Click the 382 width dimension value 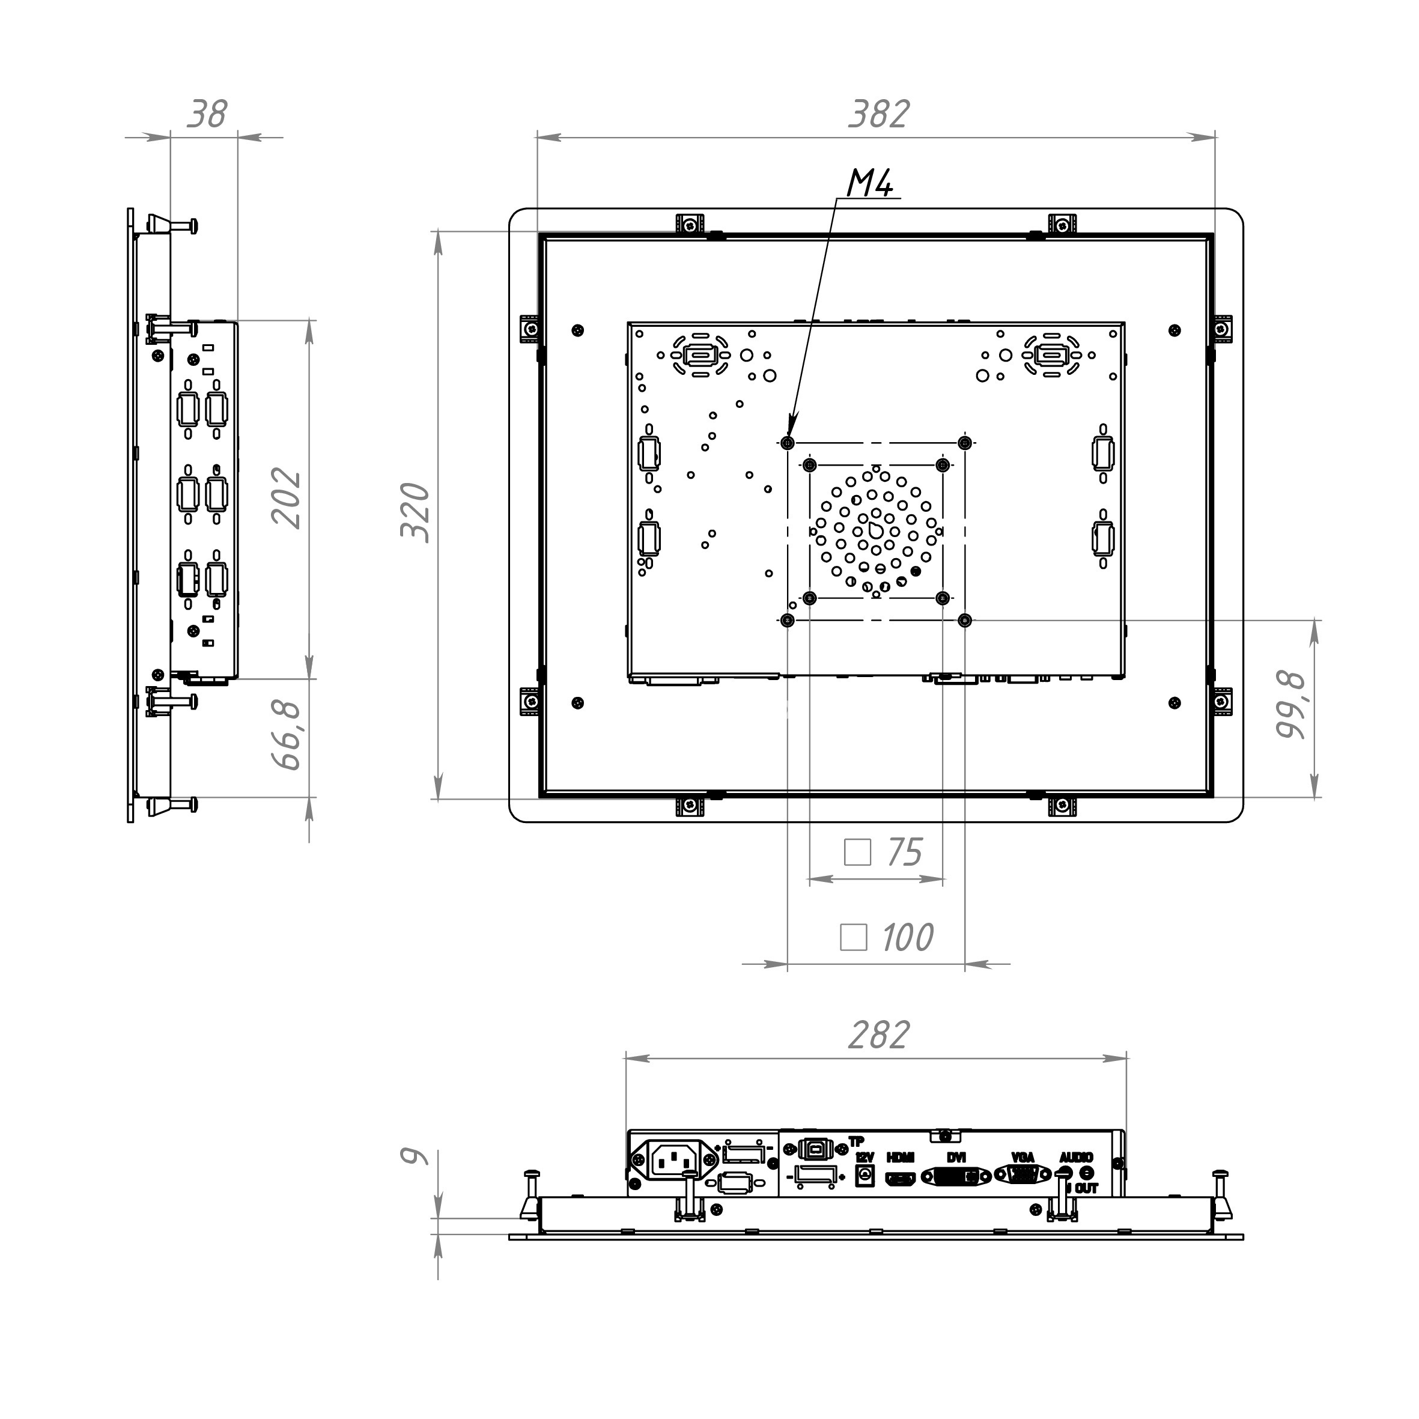click(879, 114)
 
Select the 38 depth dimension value click(207, 114)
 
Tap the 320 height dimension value click(416, 512)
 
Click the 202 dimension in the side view click(287, 498)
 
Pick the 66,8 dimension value click(287, 735)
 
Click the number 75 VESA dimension click(904, 852)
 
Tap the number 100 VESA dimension click(907, 937)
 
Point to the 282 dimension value click(879, 1035)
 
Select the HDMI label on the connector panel click(901, 1158)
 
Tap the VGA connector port click(1023, 1175)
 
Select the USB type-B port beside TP click(810, 1148)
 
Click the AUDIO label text click(1076, 1158)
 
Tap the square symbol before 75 click(858, 852)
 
